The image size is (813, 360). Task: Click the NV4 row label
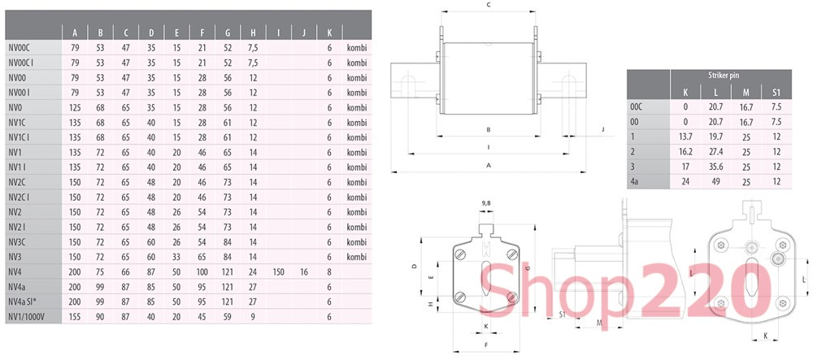point(15,272)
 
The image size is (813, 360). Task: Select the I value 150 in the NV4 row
point(278,272)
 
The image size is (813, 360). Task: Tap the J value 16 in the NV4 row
point(304,272)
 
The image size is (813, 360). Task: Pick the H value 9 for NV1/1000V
point(253,316)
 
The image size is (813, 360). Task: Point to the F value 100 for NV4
point(202,272)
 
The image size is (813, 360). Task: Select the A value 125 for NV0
point(75,108)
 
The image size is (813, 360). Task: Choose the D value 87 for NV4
point(151,272)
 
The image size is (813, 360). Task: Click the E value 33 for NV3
point(176,257)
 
